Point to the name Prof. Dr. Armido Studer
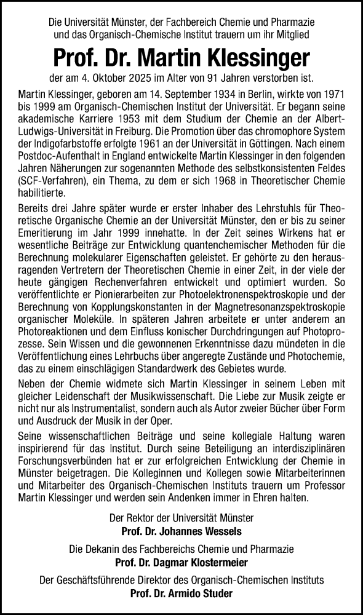(x=181, y=593)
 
